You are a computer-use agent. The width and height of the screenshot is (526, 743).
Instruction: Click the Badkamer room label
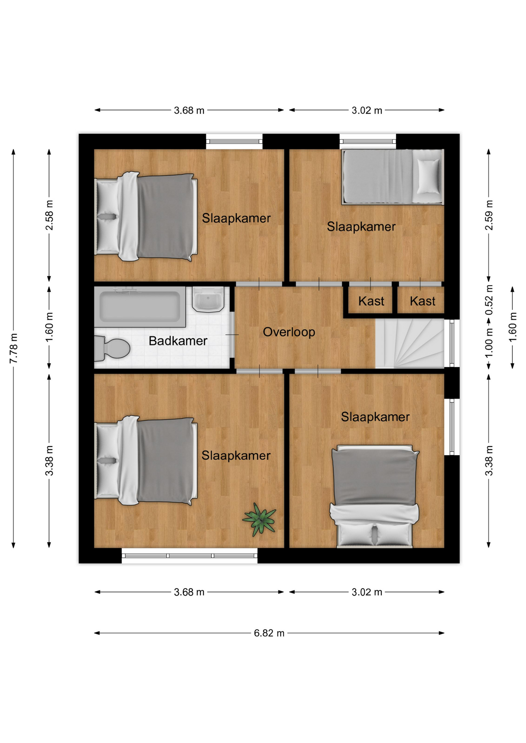[178, 341]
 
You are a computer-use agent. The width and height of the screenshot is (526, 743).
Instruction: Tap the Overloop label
[289, 332]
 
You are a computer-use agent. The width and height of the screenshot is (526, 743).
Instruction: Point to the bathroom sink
[208, 299]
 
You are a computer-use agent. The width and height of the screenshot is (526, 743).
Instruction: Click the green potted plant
[260, 520]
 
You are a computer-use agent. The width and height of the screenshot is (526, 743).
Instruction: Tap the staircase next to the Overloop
[409, 343]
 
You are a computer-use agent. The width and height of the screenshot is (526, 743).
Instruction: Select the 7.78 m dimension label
[14, 348]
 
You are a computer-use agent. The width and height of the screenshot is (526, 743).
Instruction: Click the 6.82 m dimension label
[269, 633]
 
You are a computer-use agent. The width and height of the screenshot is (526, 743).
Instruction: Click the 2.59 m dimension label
[489, 215]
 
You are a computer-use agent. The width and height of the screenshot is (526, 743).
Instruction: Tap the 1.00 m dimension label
[489, 343]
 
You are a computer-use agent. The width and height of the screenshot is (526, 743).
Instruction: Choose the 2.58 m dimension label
[49, 215]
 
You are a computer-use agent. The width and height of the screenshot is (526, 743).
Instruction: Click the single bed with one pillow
[392, 177]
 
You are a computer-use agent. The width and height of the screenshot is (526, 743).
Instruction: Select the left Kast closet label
[371, 301]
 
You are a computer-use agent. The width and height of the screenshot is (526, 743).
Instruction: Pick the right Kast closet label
[423, 301]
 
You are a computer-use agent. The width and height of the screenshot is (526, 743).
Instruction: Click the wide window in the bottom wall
[189, 556]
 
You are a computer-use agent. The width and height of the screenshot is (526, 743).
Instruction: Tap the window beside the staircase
[452, 343]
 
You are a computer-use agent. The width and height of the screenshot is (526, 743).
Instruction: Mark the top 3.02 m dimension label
[367, 110]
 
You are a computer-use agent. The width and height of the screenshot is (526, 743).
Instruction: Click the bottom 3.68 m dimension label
[189, 592]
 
